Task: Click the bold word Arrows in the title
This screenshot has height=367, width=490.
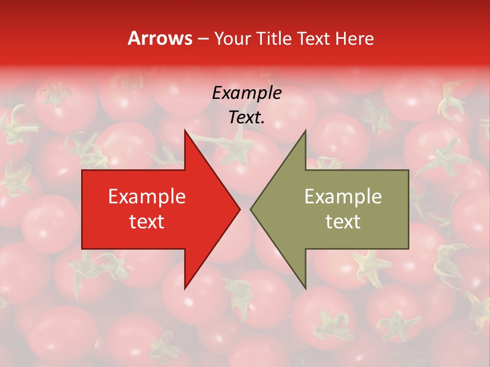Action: (x=159, y=38)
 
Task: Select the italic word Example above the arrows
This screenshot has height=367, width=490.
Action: (x=247, y=93)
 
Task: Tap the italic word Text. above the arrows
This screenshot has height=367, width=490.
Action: (x=247, y=117)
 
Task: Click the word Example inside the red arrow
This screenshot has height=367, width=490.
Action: (x=146, y=197)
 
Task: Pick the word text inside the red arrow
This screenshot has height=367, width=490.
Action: (x=146, y=221)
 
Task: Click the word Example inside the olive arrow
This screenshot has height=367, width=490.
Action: (x=343, y=197)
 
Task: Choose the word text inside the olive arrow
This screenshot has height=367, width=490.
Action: (x=343, y=221)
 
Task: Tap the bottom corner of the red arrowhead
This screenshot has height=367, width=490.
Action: (x=185, y=288)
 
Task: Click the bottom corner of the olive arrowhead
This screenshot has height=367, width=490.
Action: (x=305, y=288)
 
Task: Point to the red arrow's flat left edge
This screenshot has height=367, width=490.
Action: (x=83, y=209)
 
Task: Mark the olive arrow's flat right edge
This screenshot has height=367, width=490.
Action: (x=408, y=209)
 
